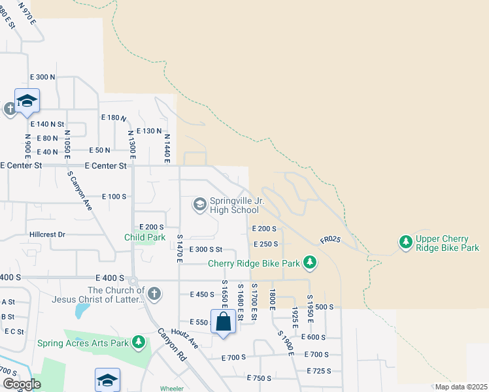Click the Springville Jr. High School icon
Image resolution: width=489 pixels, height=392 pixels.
point(200,205)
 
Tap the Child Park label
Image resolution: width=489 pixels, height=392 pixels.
point(145,237)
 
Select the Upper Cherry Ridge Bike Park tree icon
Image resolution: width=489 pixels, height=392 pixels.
point(406,242)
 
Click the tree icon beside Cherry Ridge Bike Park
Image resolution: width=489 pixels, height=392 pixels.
point(310,263)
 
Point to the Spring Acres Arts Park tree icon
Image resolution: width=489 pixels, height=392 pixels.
point(138,341)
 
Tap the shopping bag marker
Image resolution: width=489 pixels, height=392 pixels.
point(223,321)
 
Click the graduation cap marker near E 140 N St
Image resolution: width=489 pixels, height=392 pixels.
point(27,101)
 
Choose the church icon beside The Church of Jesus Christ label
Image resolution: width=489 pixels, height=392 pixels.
point(154,294)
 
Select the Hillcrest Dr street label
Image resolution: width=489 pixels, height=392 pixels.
point(48,234)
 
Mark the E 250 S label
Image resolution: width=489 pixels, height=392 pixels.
point(265,244)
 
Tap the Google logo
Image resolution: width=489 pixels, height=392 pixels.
point(22,384)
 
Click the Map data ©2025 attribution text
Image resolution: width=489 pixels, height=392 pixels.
point(460,387)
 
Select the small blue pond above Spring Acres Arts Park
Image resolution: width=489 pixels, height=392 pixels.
point(82,310)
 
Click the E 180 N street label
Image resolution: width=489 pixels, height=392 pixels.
point(113,117)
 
